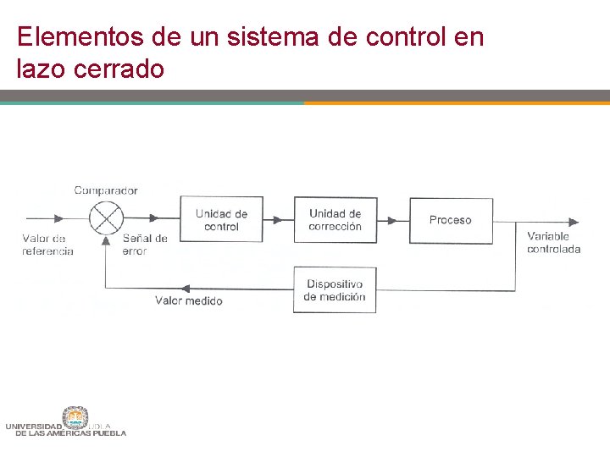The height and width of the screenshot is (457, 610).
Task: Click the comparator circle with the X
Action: click(106, 218)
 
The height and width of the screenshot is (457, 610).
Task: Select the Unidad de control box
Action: click(221, 220)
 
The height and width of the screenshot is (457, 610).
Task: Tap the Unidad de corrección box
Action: click(335, 220)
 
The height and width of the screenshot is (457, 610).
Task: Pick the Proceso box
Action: click(451, 220)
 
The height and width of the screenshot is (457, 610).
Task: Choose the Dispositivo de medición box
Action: click(335, 290)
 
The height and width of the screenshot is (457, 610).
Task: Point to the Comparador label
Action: click(106, 190)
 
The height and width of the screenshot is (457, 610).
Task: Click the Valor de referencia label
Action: click(47, 245)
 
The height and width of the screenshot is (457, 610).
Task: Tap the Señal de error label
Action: click(145, 245)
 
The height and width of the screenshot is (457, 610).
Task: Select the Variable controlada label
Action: click(553, 242)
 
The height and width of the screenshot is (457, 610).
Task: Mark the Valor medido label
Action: click(189, 301)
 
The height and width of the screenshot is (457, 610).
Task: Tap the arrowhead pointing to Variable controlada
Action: click(574, 222)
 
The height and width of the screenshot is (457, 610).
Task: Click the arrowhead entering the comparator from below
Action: click(106, 240)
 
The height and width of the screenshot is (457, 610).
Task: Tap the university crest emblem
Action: click(75, 417)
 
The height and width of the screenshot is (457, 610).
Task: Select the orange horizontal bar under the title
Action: click(457, 103)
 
